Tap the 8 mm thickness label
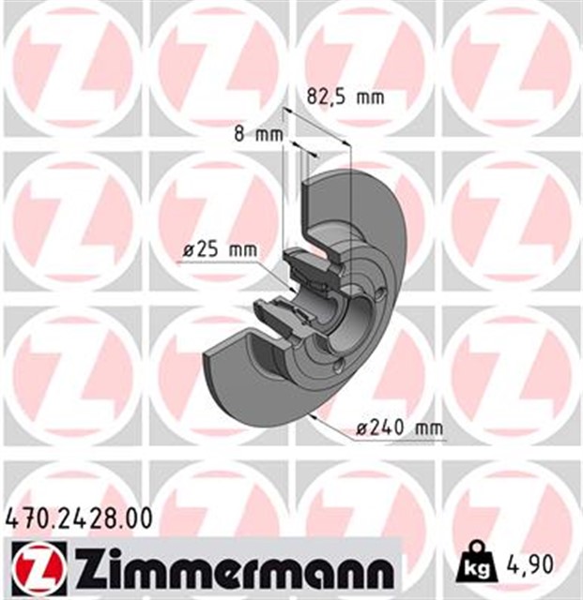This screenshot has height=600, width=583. (x=258, y=134)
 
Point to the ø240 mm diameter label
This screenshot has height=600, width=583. (x=399, y=428)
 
